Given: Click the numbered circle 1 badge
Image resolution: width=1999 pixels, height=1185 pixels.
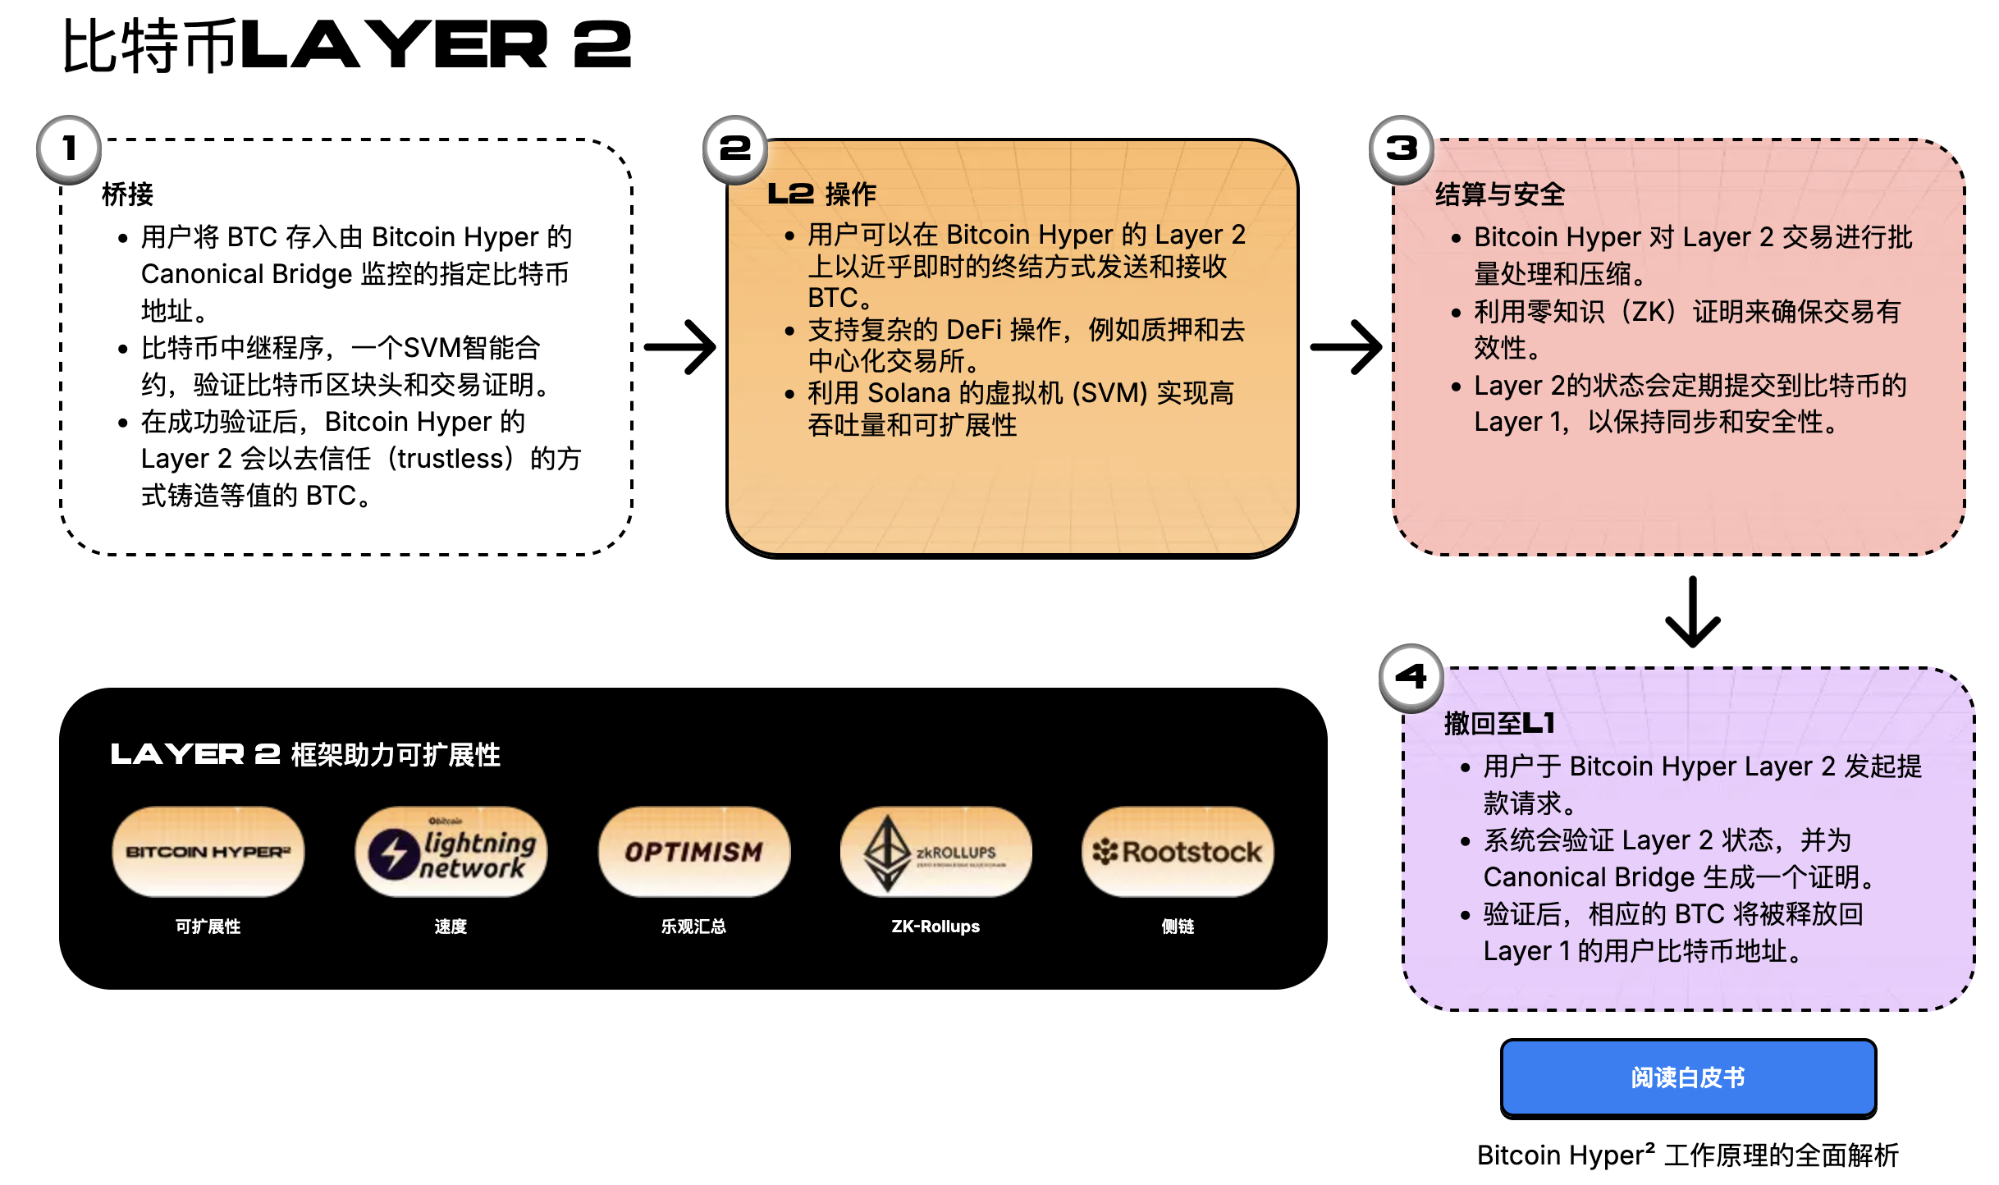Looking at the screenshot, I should (69, 149).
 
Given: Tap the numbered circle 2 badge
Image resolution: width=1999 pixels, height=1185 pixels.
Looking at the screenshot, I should (735, 149).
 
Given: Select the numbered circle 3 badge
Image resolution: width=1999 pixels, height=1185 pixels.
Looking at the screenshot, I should (1402, 149).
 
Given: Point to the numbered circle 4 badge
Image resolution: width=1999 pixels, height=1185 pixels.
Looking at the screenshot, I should (1411, 677).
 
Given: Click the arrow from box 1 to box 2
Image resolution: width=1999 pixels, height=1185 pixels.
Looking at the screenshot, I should (680, 347).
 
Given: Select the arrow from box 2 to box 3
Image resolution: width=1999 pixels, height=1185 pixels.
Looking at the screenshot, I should (1347, 347).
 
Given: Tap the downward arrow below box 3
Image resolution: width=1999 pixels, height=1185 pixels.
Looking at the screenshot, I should (1692, 612).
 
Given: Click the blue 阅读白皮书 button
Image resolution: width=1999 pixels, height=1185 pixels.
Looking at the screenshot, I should (1688, 1077).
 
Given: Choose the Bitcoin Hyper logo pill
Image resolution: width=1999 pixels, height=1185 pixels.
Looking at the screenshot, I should (208, 852).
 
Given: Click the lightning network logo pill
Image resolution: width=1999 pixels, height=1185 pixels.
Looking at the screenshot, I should (451, 852).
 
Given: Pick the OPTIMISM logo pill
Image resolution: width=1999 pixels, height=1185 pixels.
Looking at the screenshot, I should (693, 852).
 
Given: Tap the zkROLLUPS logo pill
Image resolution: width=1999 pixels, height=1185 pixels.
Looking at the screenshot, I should (935, 852).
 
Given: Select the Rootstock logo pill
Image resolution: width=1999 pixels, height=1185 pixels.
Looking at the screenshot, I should (1178, 852).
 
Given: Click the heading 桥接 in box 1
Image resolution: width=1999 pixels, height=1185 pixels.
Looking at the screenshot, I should (127, 194).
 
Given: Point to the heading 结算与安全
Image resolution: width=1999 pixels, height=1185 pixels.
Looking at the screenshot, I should (1499, 194).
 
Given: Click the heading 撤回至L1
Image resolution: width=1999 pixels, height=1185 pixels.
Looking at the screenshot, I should (1499, 723).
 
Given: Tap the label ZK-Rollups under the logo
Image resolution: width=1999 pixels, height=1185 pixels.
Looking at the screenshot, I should (935, 926).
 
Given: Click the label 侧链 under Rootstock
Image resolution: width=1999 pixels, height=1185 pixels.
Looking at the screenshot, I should (1178, 926).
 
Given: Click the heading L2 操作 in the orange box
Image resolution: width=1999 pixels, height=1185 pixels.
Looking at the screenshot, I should (821, 194).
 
